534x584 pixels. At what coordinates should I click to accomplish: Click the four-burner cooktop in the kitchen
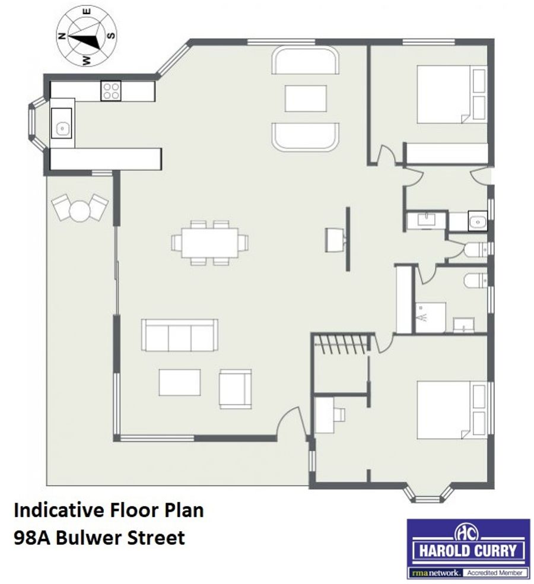(x=111, y=91)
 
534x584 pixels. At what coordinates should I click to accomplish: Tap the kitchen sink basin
(x=62, y=123)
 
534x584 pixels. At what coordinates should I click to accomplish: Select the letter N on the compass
(x=62, y=36)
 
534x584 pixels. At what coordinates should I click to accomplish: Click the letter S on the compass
(x=111, y=36)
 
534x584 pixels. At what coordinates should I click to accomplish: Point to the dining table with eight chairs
(x=209, y=243)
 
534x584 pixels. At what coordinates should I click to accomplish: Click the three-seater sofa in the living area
(x=180, y=335)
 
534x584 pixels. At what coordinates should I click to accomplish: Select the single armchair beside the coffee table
(x=236, y=389)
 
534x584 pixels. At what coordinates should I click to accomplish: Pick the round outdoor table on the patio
(x=80, y=211)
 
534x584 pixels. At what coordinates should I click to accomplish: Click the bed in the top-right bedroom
(x=452, y=94)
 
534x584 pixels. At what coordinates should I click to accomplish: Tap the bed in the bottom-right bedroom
(x=452, y=410)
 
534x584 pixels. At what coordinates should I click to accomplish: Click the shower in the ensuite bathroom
(x=431, y=318)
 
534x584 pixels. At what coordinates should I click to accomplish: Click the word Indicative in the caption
(x=58, y=510)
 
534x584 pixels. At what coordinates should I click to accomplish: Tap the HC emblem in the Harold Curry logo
(x=468, y=533)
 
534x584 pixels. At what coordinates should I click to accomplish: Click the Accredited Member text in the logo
(x=495, y=573)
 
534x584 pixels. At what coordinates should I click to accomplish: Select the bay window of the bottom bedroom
(x=428, y=493)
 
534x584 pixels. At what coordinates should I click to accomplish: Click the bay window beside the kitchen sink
(x=37, y=123)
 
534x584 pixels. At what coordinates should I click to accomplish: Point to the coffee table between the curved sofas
(x=306, y=99)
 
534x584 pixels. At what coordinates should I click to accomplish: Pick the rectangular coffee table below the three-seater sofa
(x=180, y=382)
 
